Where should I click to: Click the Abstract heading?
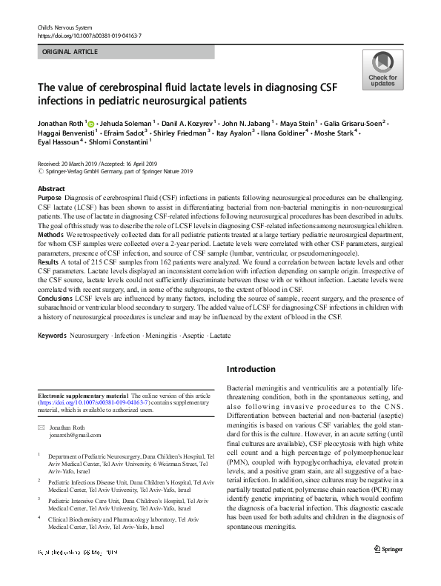click(x=51, y=189)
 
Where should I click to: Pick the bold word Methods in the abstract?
click(x=50, y=233)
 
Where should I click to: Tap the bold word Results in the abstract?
click(x=48, y=263)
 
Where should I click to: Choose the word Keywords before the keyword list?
click(x=53, y=336)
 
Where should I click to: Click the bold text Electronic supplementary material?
click(x=82, y=396)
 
